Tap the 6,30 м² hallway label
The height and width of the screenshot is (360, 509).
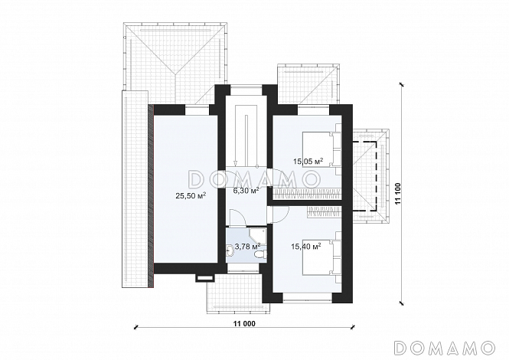pyautogui.click(x=246, y=191)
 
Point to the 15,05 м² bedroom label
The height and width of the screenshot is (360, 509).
pyautogui.click(x=308, y=162)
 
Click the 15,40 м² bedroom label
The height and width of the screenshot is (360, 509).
pyautogui.click(x=306, y=247)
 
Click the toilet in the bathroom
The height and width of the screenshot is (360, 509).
pyautogui.click(x=259, y=255)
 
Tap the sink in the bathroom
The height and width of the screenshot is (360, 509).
pyautogui.click(x=229, y=250)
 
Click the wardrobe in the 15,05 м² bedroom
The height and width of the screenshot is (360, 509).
pyautogui.click(x=307, y=194)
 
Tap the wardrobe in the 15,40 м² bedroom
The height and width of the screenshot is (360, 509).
pyautogui.click(x=325, y=211)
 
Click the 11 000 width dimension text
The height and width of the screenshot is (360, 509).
pyautogui.click(x=244, y=323)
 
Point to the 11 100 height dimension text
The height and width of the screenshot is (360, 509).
pyautogui.click(x=398, y=194)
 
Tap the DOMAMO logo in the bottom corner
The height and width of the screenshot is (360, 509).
pyautogui.click(x=444, y=347)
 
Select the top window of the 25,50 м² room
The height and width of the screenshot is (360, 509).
pyautogui.click(x=197, y=110)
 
